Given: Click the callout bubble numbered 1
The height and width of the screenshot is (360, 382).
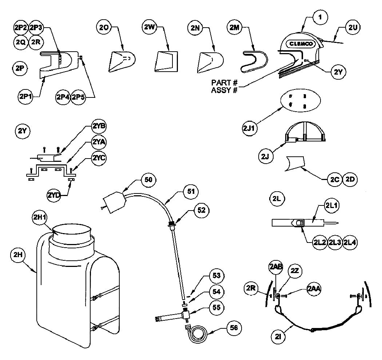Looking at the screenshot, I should [320, 17].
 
